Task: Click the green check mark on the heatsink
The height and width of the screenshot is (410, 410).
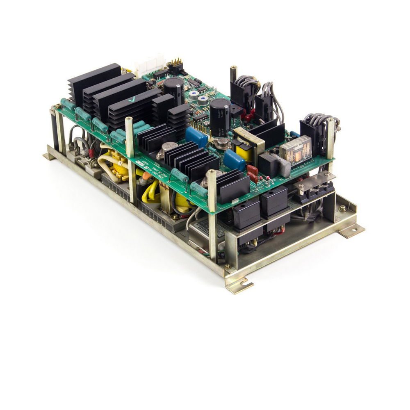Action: pyautogui.click(x=131, y=99)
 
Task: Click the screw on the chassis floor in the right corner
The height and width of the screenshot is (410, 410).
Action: pyautogui.click(x=342, y=208)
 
